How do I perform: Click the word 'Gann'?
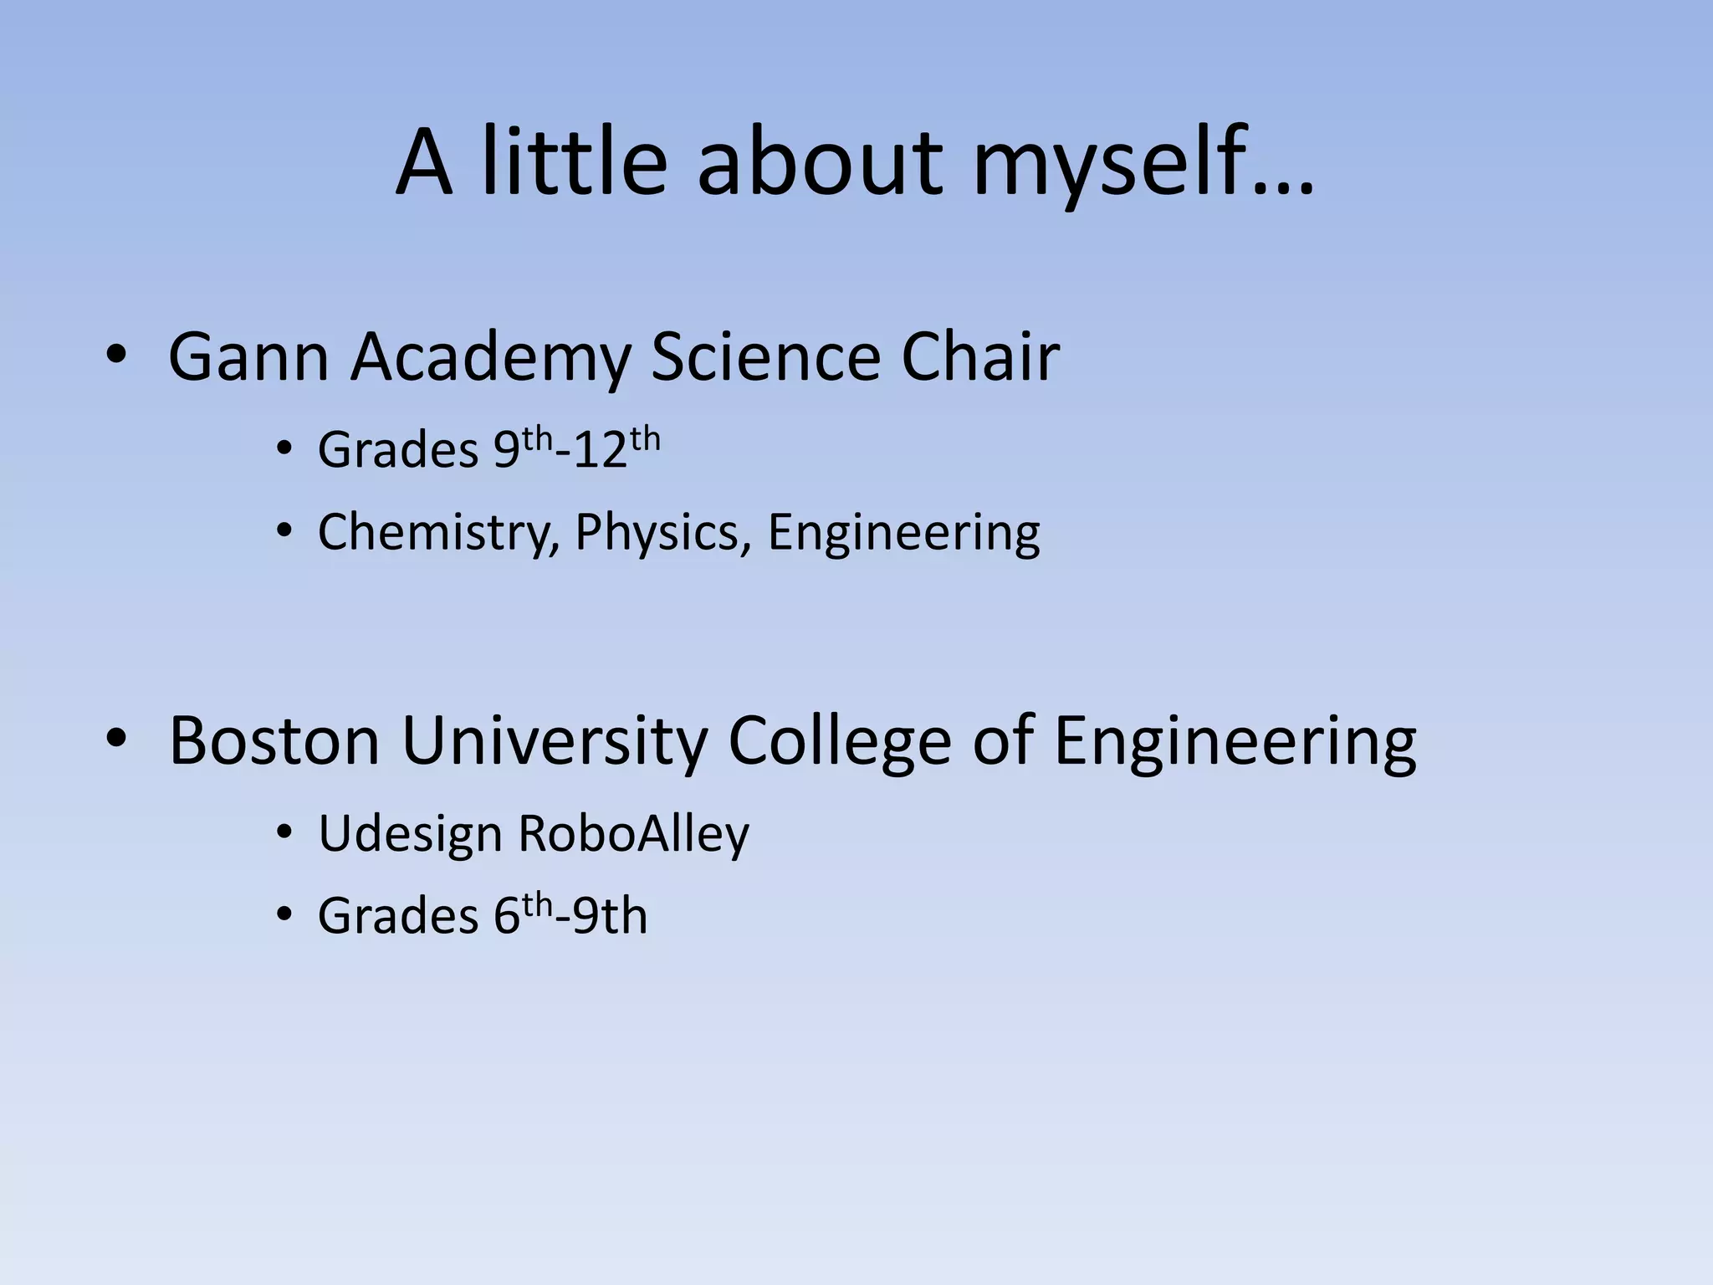coord(248,357)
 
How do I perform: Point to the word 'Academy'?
coord(490,357)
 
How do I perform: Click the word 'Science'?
coord(765,357)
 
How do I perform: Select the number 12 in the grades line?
coord(601,450)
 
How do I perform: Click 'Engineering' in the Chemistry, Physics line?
coord(904,532)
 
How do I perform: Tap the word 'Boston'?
coord(274,740)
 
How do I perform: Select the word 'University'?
coord(555,740)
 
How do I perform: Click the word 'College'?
coord(839,740)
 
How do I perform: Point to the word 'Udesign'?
coord(409,834)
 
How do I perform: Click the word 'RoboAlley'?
coord(633,834)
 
